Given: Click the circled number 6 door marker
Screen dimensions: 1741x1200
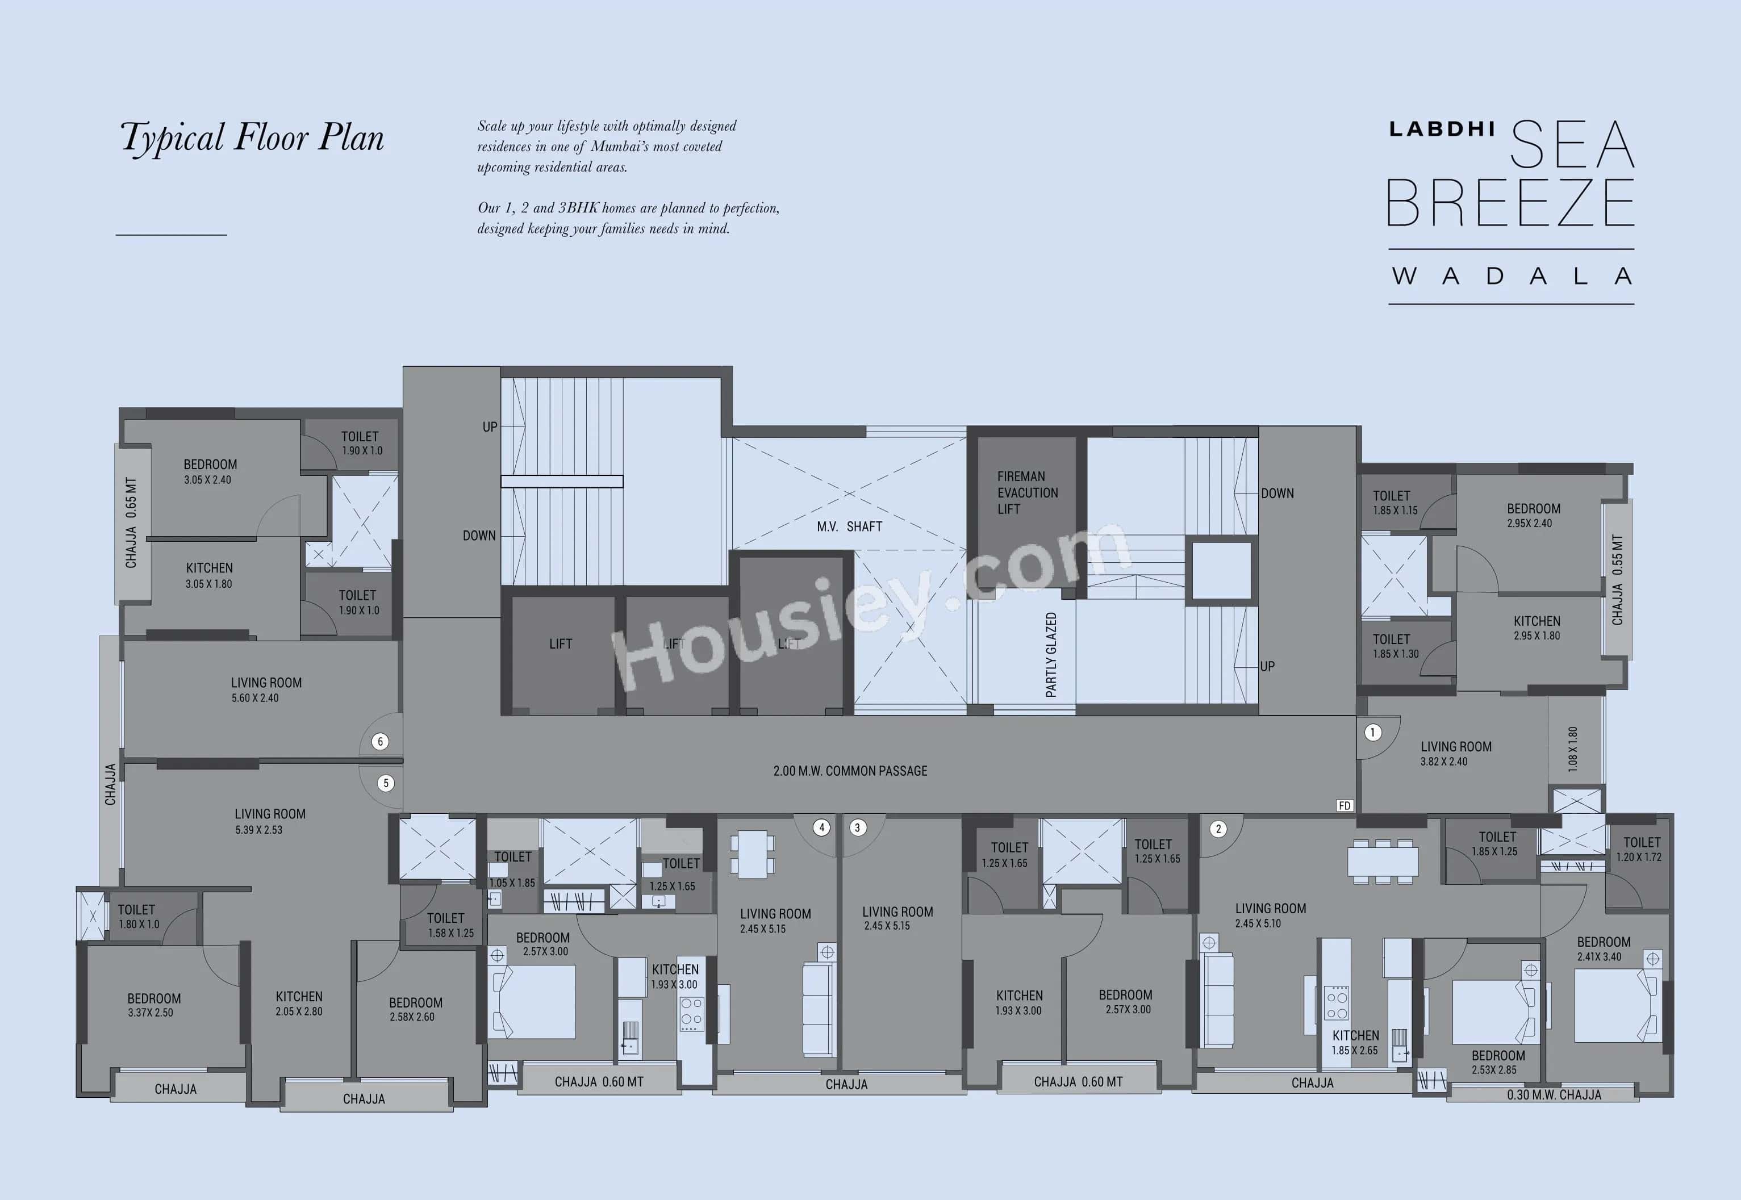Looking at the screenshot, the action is (381, 741).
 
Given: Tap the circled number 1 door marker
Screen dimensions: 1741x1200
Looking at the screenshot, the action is (1372, 733).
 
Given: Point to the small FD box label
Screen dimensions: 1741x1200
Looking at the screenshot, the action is (1345, 805).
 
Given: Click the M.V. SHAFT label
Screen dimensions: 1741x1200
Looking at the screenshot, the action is (849, 526).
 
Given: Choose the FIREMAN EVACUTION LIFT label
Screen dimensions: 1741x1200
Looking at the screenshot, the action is (1028, 492).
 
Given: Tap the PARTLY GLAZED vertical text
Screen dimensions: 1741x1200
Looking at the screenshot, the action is (1051, 654).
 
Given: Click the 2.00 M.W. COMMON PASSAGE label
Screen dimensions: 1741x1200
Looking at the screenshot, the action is (850, 771).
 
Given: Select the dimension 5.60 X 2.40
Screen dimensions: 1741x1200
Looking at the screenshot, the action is (255, 698).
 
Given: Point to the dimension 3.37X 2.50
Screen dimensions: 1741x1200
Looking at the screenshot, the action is (151, 1013).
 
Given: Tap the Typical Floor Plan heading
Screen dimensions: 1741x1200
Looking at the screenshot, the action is (252, 137).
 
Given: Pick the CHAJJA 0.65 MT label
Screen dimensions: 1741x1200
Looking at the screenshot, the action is (131, 522).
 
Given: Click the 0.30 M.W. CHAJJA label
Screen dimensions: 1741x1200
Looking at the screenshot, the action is (1554, 1095).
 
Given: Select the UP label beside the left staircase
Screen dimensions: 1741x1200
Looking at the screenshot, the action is (490, 427).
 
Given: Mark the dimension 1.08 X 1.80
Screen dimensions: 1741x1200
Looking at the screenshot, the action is (1572, 749).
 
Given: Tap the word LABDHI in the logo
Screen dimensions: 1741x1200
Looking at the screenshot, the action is (1442, 129).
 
